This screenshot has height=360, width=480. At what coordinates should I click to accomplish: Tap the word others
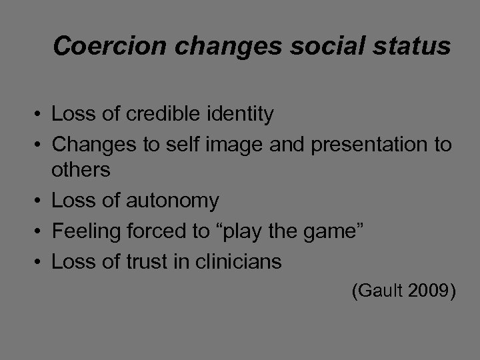pos(81,169)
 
